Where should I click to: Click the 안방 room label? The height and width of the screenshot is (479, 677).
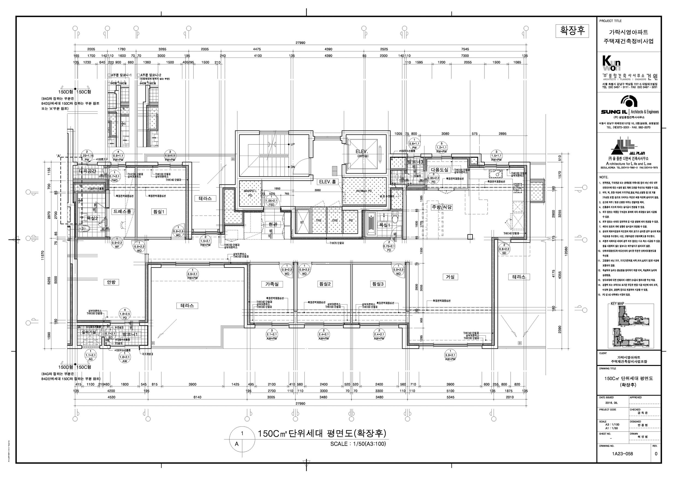(111, 282)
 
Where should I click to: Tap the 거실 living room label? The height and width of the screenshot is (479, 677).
(450, 277)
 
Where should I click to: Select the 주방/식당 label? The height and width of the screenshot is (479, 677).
(442, 207)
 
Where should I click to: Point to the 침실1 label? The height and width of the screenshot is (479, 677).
(159, 212)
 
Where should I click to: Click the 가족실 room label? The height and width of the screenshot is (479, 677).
(272, 284)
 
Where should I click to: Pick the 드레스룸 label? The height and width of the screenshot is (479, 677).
(122, 212)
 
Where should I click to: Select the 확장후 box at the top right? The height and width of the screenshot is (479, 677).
(572, 31)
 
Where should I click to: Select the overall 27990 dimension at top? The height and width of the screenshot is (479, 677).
(300, 43)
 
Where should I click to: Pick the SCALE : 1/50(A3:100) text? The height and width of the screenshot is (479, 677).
(358, 444)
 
